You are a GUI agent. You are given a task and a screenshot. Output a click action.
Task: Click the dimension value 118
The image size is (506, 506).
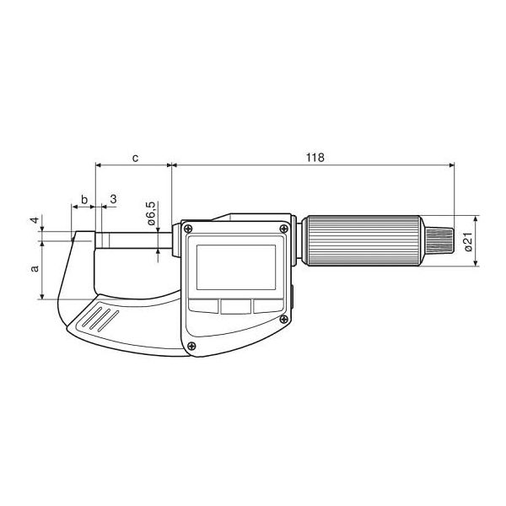(315, 158)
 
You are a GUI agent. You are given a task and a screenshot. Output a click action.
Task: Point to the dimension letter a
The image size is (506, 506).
(35, 269)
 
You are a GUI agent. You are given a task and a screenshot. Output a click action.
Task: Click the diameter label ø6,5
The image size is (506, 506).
(150, 214)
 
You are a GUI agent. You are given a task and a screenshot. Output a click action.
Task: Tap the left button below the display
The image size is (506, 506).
(205, 305)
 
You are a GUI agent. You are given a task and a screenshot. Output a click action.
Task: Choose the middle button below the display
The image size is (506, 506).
(237, 305)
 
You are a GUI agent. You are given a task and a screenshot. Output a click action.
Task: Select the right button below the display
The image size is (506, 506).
(267, 305)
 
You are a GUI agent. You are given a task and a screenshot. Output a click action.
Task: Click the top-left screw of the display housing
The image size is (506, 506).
(188, 229)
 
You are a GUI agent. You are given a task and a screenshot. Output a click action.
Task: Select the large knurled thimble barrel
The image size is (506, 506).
(363, 241)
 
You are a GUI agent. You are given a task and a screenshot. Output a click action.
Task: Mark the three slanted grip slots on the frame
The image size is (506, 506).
(100, 321)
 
